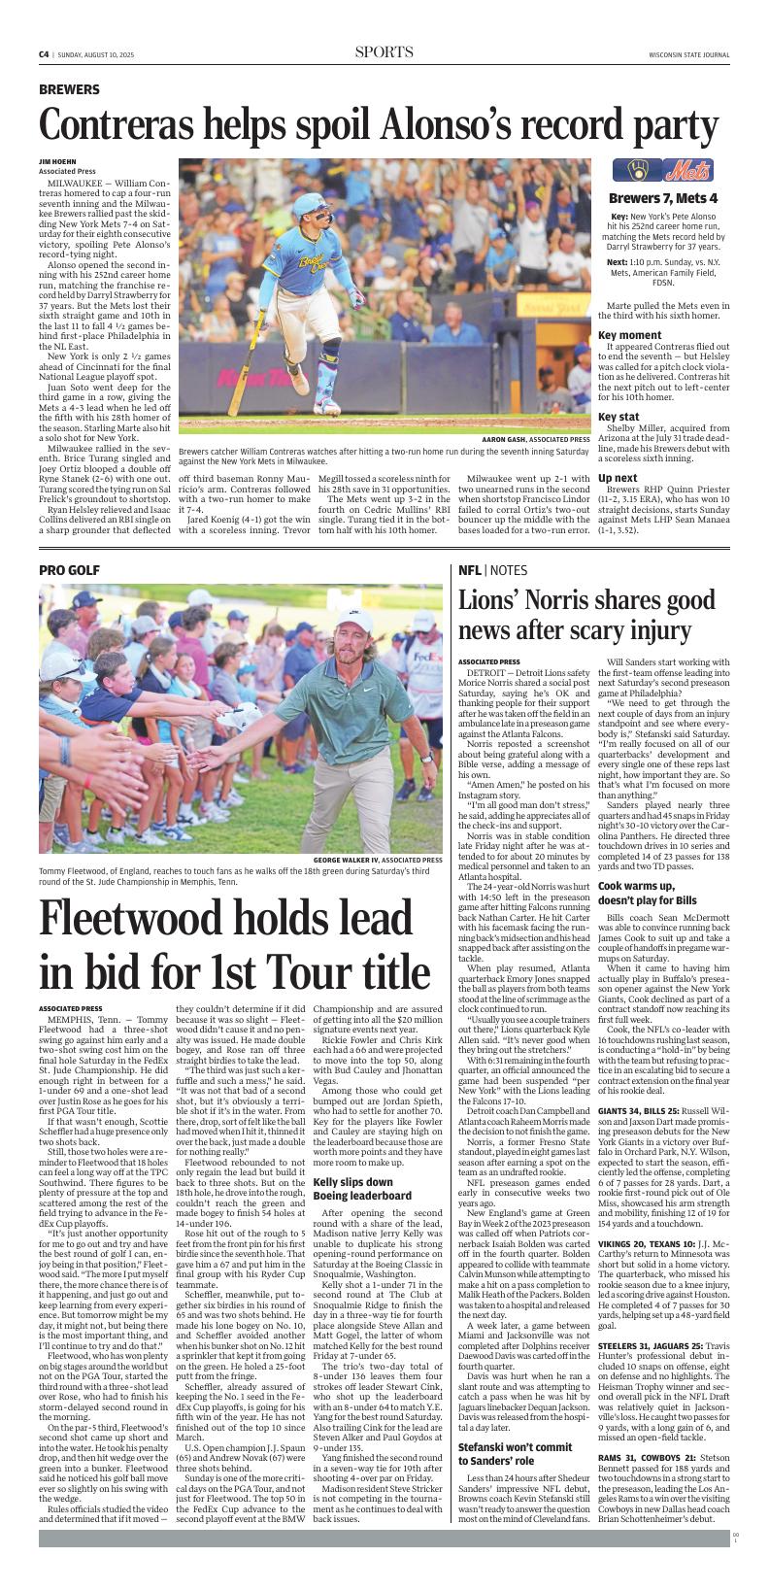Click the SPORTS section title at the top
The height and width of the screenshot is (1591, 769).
[x=384, y=52]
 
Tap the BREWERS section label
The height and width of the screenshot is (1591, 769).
[x=69, y=89]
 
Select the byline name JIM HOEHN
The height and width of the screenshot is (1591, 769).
[x=57, y=161]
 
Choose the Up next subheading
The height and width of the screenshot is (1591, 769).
[x=618, y=478]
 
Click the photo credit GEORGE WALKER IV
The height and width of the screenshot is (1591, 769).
[x=352, y=861]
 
